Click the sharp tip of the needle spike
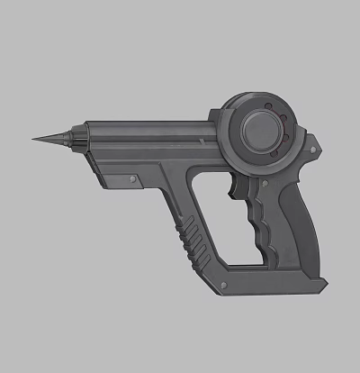[33, 140]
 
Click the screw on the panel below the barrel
[133, 182]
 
